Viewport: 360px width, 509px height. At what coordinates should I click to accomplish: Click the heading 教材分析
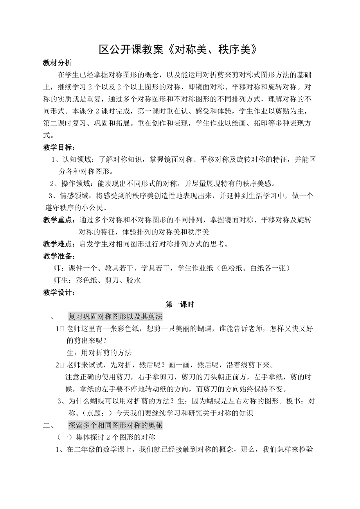click(57, 63)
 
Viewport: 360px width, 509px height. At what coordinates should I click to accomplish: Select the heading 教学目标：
click(59, 147)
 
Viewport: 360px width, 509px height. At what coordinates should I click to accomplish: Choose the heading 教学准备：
click(59, 256)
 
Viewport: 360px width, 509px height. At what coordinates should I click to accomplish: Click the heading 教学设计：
click(59, 292)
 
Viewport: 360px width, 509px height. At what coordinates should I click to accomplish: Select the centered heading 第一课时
click(180, 304)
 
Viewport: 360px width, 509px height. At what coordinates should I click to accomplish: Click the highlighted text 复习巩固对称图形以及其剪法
click(115, 316)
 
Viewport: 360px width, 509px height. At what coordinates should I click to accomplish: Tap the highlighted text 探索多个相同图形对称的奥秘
click(115, 425)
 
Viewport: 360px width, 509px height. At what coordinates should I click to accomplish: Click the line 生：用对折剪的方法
click(99, 353)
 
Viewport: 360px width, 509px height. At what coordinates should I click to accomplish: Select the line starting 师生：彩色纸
click(97, 280)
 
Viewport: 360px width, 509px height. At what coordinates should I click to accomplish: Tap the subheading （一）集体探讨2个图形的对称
click(106, 437)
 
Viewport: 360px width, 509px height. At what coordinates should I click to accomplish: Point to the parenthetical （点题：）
click(95, 413)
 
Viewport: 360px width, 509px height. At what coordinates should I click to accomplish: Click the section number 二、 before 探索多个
click(49, 425)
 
